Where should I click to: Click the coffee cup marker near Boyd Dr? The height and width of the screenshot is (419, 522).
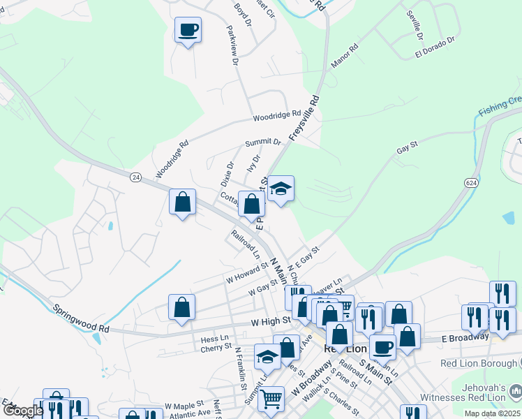click(x=188, y=30)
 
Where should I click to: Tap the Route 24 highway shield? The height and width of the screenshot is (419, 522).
click(x=135, y=177)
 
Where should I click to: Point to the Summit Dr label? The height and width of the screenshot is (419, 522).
click(x=262, y=142)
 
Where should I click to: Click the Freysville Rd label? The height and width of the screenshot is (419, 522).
click(x=304, y=118)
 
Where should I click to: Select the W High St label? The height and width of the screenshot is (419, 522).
click(x=271, y=321)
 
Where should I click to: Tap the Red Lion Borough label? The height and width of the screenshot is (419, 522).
click(x=480, y=363)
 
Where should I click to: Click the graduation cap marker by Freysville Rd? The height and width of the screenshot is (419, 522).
click(x=281, y=189)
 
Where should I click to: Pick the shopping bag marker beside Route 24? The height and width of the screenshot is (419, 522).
click(x=182, y=203)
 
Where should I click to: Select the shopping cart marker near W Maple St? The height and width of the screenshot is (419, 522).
click(x=271, y=400)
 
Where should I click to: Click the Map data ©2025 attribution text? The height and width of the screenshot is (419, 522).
click(x=491, y=413)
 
